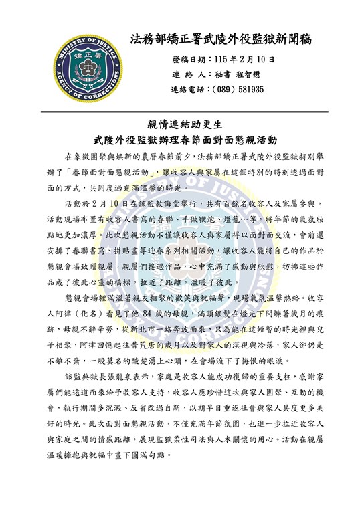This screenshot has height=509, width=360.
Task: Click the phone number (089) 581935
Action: pyautogui.click(x=238, y=88)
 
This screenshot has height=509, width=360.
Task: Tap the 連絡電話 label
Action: pyautogui.click(x=190, y=88)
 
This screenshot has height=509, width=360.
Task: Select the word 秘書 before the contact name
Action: pyautogui.click(x=219, y=74)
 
